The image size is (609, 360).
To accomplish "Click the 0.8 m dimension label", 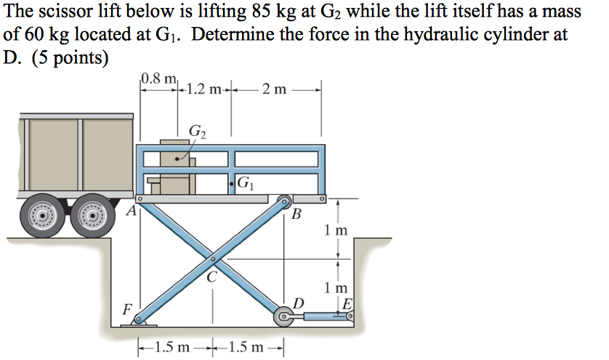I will pyautogui.click(x=156, y=79).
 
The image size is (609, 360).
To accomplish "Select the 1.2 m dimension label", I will pyautogui.click(x=204, y=90).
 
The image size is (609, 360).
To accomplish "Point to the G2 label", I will pyautogui.click(x=197, y=132).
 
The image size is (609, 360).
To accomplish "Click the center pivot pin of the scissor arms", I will pyautogui.click(x=213, y=258).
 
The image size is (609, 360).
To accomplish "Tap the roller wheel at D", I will pyautogui.click(x=282, y=317).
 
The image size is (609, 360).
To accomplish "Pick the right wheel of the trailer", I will pyautogui.click(x=92, y=217).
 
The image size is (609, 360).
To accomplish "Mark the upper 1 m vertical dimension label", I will pyautogui.click(x=337, y=231).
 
